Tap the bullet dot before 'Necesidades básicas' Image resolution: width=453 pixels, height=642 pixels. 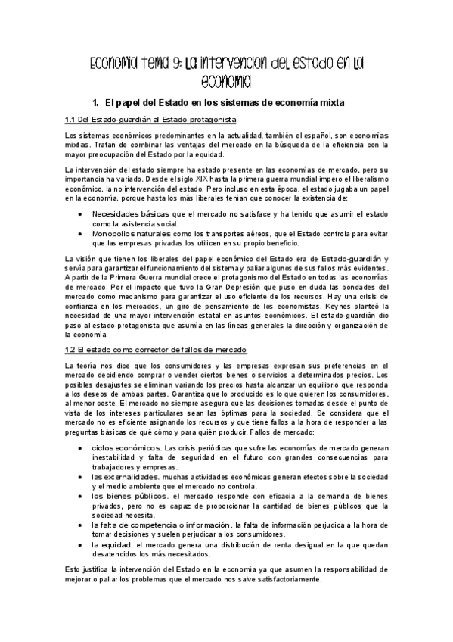(x=82, y=214)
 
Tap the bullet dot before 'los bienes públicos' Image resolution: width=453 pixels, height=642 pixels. (x=82, y=497)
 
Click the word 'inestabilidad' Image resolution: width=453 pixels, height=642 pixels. (x=116, y=457)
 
